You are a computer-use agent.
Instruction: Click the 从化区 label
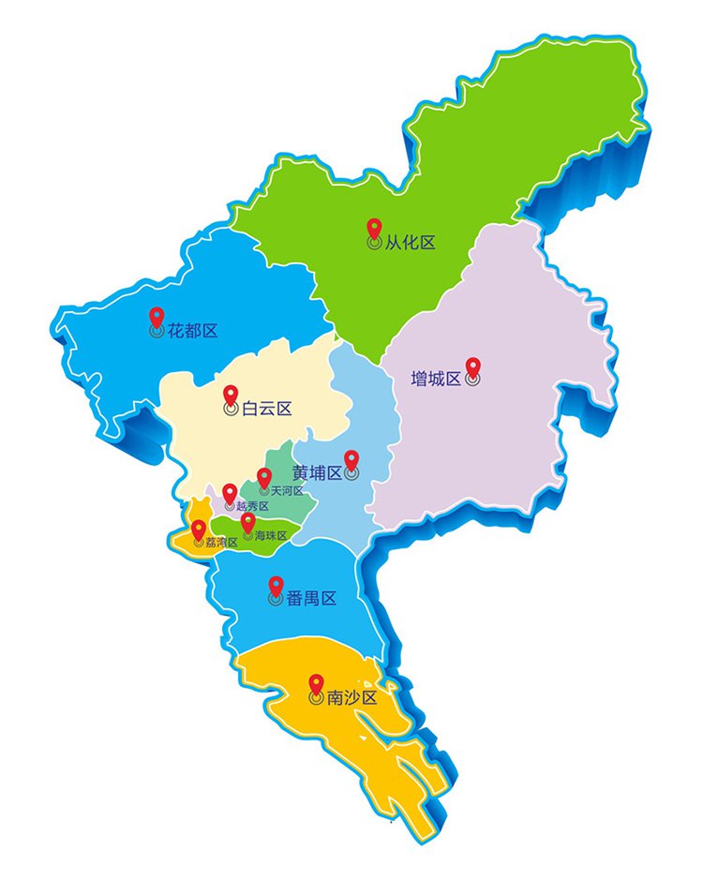pyautogui.click(x=411, y=243)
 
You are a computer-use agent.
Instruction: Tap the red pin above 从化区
pyautogui.click(x=373, y=228)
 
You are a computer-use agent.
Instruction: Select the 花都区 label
pyautogui.click(x=193, y=331)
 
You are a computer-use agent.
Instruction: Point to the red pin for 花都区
pyautogui.click(x=157, y=317)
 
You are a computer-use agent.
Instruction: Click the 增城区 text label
pyautogui.click(x=437, y=379)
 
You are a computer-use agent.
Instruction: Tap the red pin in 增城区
pyautogui.click(x=472, y=367)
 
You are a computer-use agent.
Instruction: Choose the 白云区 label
pyautogui.click(x=267, y=409)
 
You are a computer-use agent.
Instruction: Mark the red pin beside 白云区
pyautogui.click(x=231, y=395)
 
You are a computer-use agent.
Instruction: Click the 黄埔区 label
pyautogui.click(x=316, y=472)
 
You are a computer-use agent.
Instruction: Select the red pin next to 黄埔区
pyautogui.click(x=351, y=459)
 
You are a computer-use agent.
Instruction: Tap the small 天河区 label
pyautogui.click(x=286, y=491)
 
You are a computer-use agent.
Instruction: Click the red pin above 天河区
pyautogui.click(x=264, y=477)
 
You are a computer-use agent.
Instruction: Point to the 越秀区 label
pyautogui.click(x=252, y=506)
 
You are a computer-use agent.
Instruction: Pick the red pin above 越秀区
pyautogui.click(x=230, y=492)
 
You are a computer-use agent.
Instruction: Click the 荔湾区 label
pyautogui.click(x=221, y=542)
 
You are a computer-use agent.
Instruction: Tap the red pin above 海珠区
pyautogui.click(x=247, y=521)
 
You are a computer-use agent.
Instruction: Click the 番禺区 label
pyautogui.click(x=311, y=599)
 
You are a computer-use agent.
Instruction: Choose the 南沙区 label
pyautogui.click(x=351, y=698)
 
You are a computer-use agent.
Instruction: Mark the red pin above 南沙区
pyautogui.click(x=316, y=683)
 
